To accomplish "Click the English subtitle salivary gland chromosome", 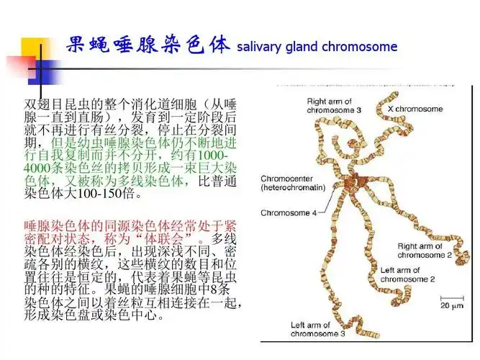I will click(x=317, y=47).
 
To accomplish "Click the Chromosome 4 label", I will click(x=288, y=212).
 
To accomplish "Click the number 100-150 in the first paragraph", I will click(x=106, y=194).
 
